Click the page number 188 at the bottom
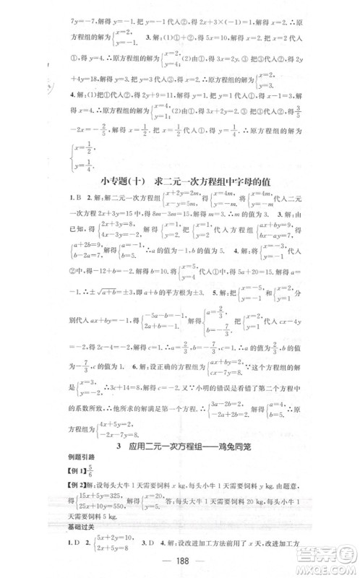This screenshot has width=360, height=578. coord(180,559)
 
